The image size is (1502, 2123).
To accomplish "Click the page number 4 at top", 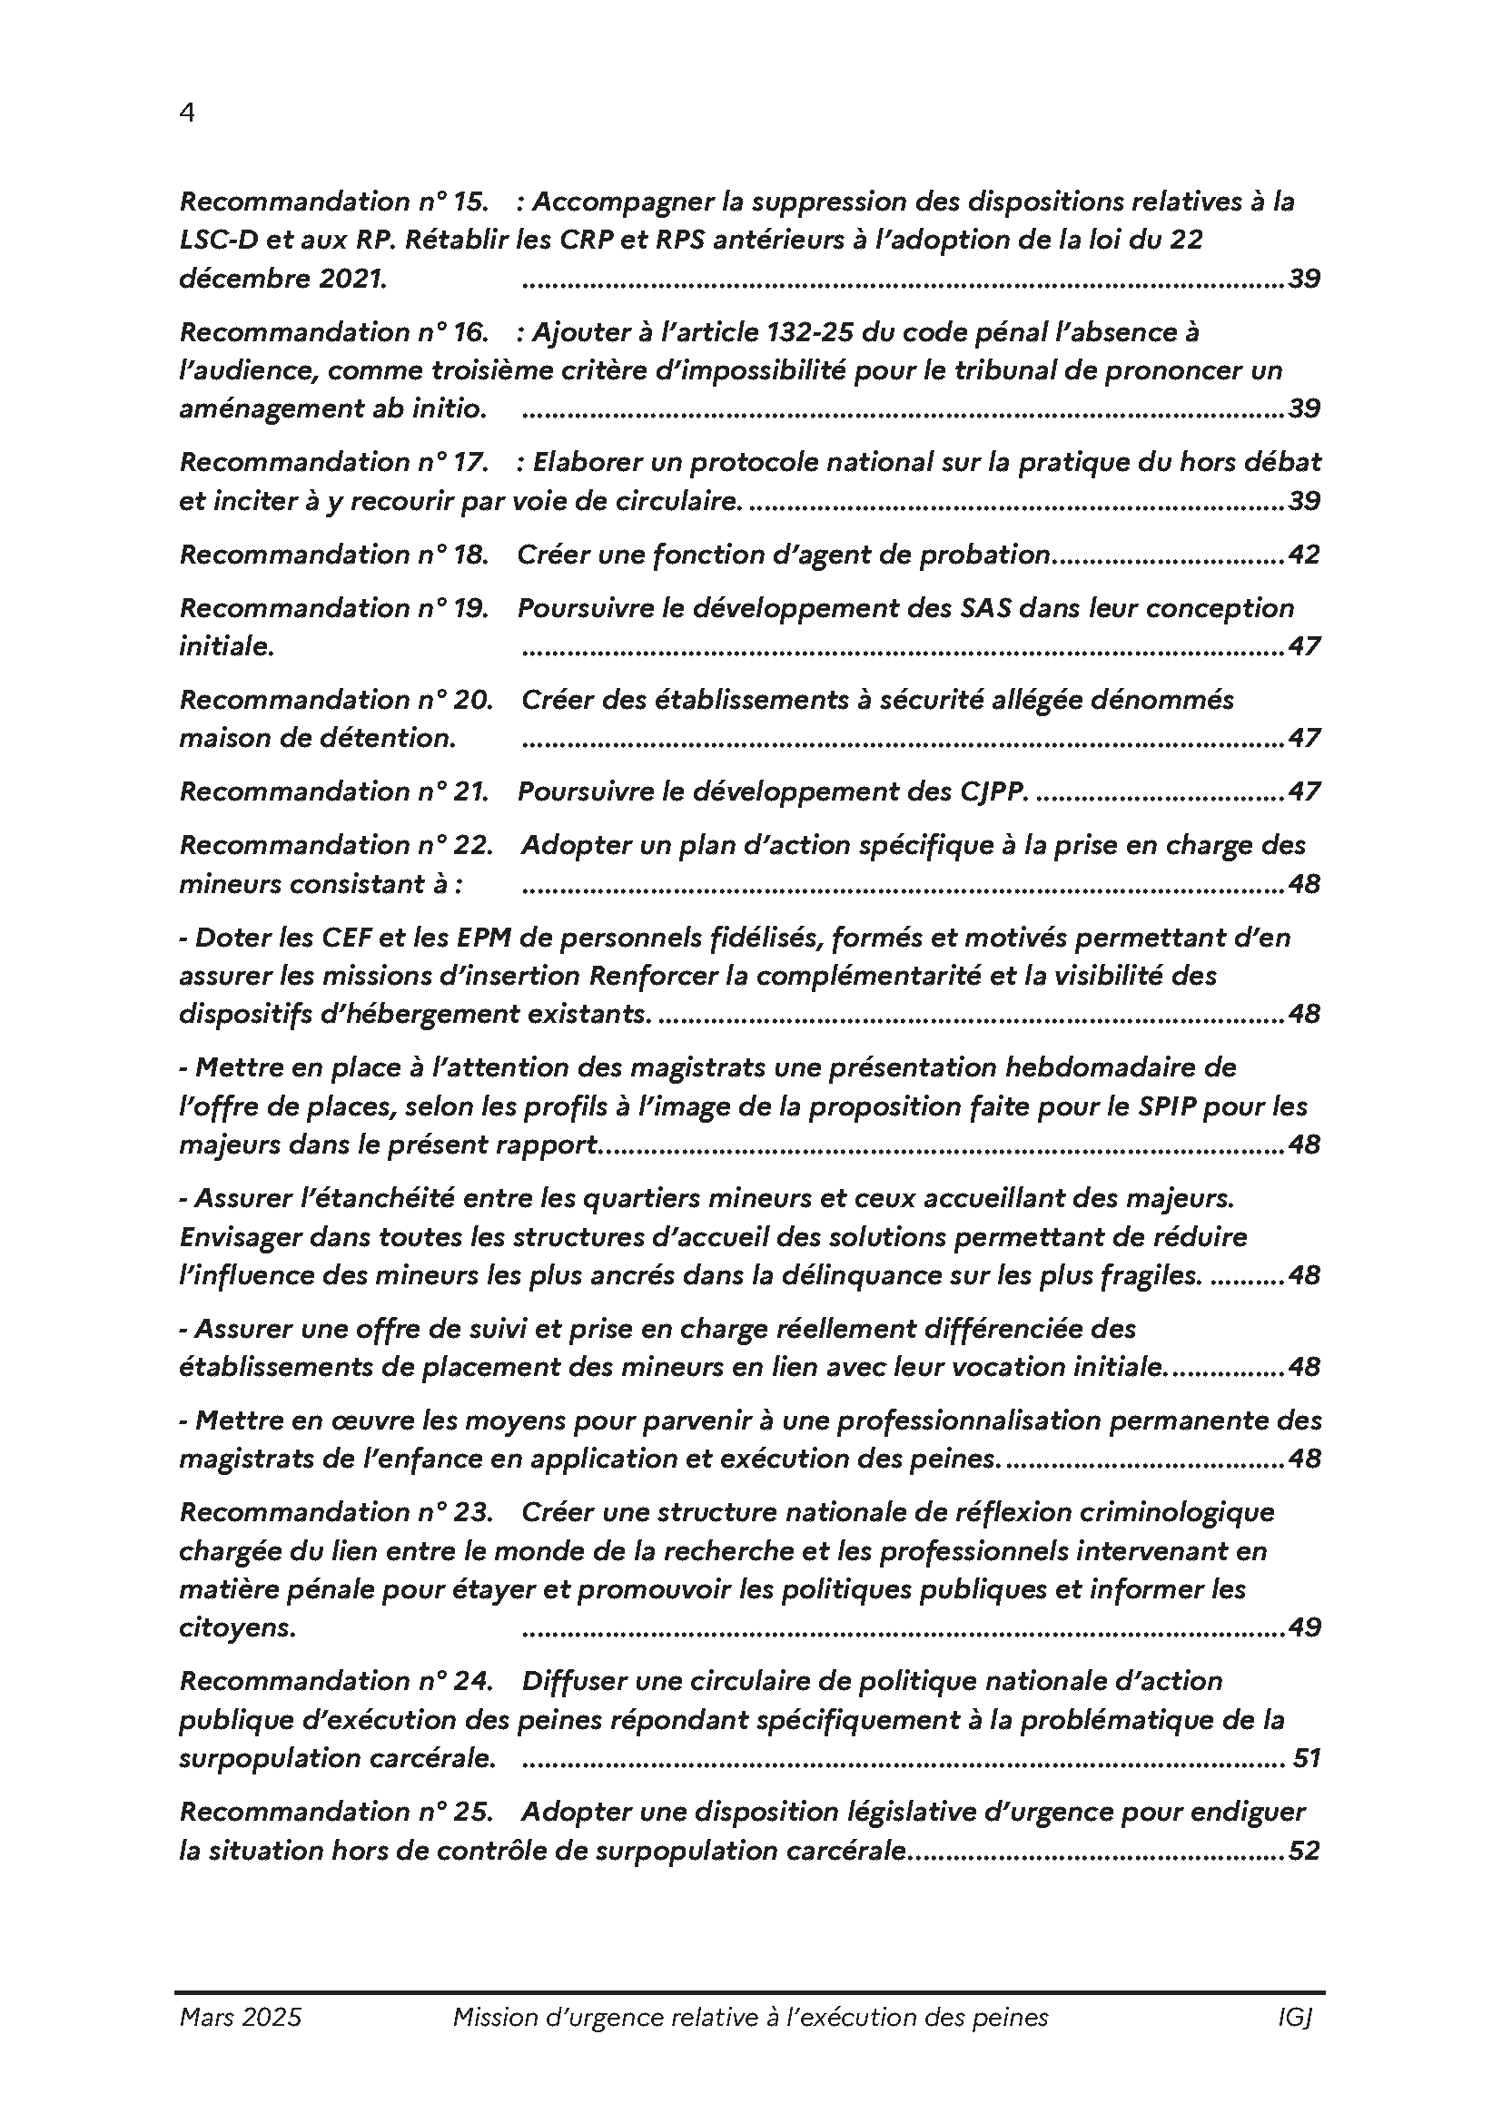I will click(187, 113).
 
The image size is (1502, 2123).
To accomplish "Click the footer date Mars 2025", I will click(241, 2018).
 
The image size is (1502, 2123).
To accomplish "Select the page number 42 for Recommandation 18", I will click(1304, 555).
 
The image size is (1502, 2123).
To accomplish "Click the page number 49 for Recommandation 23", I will click(1304, 1627).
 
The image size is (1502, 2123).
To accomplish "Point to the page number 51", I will click(1307, 1758).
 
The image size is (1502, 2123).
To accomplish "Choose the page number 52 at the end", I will click(1304, 1850).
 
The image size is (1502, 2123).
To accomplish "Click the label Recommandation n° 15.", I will click(334, 201).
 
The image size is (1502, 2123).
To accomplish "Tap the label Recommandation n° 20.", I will click(336, 700).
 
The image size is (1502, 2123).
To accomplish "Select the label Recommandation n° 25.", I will click(336, 1812).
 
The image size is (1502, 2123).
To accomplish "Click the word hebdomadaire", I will click(1105, 1068).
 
